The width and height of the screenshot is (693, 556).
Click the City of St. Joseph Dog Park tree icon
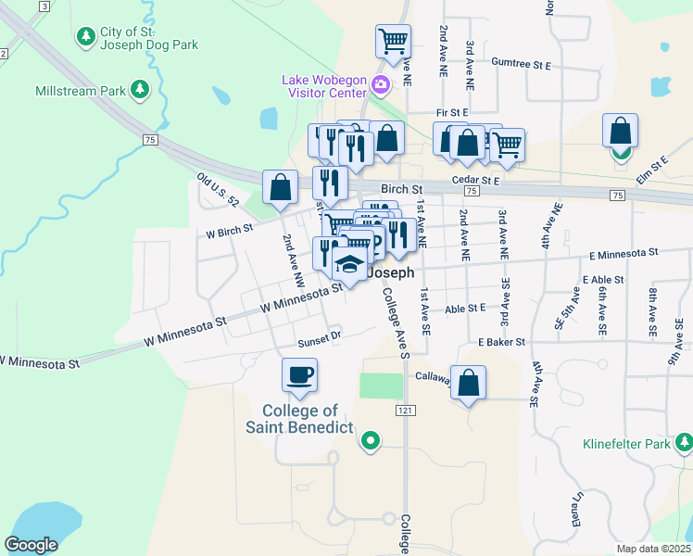(x=85, y=36)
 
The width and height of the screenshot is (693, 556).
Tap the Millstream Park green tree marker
(x=140, y=90)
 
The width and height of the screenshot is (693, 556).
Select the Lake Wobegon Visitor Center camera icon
(x=380, y=86)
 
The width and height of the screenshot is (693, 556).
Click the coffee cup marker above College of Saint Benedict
(x=299, y=375)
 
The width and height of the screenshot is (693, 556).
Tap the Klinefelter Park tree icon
(x=683, y=444)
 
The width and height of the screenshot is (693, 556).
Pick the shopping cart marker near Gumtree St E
(x=393, y=42)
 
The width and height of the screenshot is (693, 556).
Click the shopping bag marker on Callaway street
(x=468, y=383)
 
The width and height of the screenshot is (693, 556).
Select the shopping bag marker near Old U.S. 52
(x=280, y=187)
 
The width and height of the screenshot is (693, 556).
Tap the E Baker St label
(x=502, y=342)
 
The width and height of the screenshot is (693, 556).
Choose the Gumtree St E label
(x=521, y=66)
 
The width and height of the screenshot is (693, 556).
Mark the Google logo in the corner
(x=31, y=544)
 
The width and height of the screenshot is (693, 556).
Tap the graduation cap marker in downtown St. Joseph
(x=349, y=266)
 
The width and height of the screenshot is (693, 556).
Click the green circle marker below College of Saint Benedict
(x=371, y=440)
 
